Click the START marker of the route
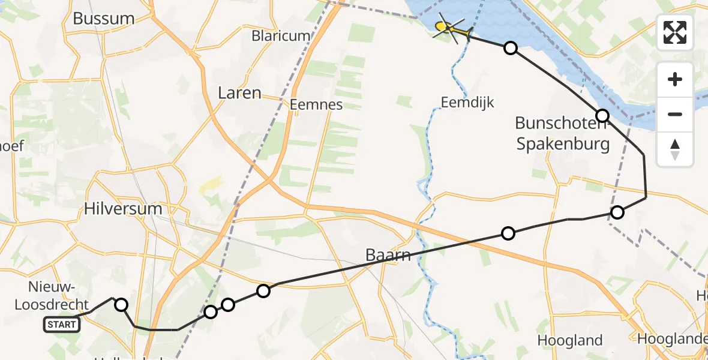click(x=61, y=325)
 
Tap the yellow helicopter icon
click(x=449, y=28)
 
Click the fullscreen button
click(x=675, y=32)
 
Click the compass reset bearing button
click(x=675, y=149)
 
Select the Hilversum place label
click(x=123, y=209)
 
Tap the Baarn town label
click(x=389, y=256)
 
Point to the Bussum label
click(x=103, y=19)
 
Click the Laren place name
click(x=239, y=93)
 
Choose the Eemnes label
click(x=316, y=104)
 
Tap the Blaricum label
click(x=281, y=36)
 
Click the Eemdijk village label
click(x=467, y=103)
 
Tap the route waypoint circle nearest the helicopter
click(x=510, y=48)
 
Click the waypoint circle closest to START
click(x=121, y=305)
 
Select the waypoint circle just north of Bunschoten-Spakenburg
click(x=602, y=115)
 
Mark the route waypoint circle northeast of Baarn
click(x=508, y=233)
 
